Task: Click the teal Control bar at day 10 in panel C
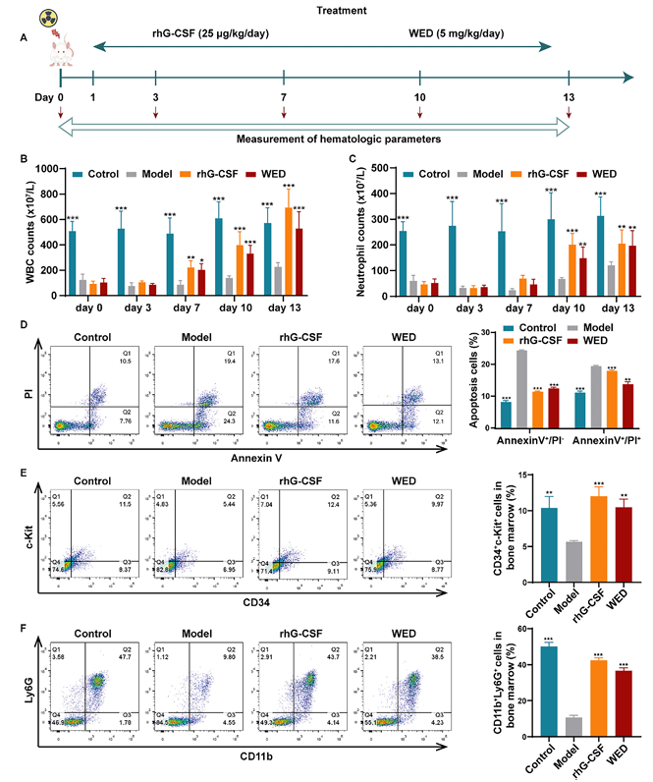[x=551, y=255]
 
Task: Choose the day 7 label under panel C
[x=500, y=308]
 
